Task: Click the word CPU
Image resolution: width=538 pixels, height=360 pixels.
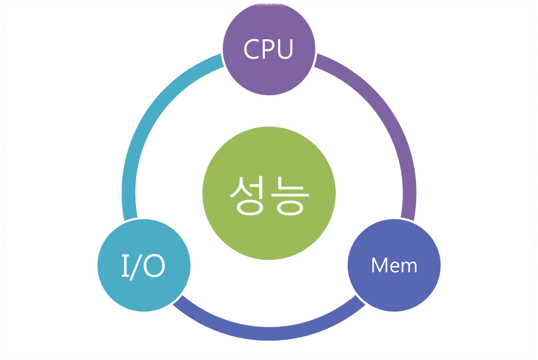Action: tap(268, 50)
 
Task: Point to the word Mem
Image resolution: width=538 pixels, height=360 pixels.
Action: tap(394, 265)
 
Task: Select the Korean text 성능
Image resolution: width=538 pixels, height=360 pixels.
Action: tap(268, 193)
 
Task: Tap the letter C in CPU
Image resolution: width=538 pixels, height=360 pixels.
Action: tap(252, 50)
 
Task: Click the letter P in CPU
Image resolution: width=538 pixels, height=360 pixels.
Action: tap(268, 50)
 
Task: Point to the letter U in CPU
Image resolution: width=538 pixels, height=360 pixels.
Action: tap(284, 50)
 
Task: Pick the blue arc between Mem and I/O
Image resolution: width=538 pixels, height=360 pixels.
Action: tap(268, 334)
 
